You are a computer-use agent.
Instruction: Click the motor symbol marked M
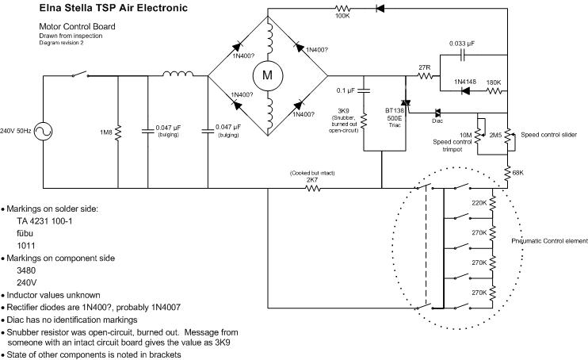267,75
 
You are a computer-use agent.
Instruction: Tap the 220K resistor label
478,203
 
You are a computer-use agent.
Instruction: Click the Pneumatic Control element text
549,241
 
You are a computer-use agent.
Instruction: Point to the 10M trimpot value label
464,135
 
